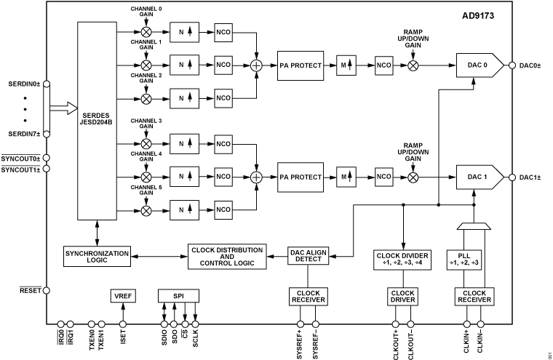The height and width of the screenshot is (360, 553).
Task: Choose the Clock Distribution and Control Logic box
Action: [232, 255]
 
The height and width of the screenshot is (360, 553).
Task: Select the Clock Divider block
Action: [403, 260]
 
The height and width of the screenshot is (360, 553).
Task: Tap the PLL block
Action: [464, 260]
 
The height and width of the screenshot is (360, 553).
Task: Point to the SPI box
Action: [179, 296]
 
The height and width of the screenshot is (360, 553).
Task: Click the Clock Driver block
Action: [403, 296]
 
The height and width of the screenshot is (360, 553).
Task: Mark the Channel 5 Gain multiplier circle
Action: [146, 210]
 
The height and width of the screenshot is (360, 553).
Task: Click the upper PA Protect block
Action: [301, 65]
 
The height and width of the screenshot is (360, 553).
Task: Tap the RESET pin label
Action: [28, 290]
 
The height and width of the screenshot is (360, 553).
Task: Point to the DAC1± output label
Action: [529, 177]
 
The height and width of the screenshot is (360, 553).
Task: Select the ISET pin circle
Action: [122, 324]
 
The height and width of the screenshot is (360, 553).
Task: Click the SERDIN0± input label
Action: [25, 83]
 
